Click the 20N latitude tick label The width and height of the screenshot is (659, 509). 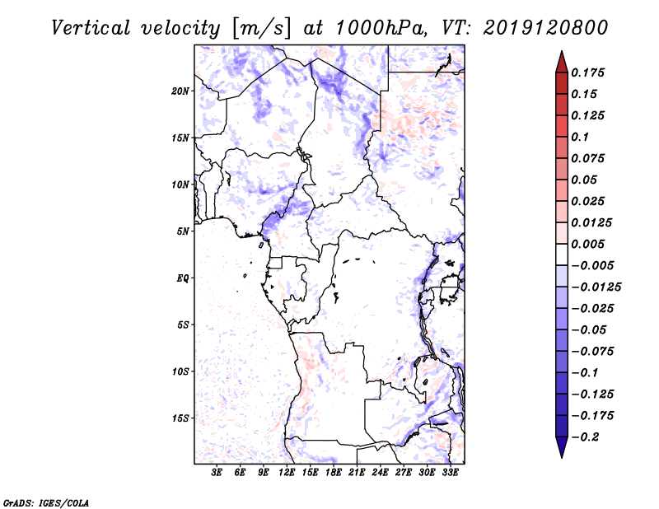click(180, 91)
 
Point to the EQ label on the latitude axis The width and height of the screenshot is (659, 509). click(183, 278)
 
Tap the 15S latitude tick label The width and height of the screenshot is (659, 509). click(180, 418)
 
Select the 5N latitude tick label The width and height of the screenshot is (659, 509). click(183, 231)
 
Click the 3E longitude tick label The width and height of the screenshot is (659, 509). click(217, 473)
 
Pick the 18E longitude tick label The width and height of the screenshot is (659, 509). click(333, 473)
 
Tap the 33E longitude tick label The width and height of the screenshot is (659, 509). click(450, 473)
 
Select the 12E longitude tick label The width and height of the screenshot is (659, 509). click(287, 473)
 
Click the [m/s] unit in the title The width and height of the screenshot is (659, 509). click(261, 28)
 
